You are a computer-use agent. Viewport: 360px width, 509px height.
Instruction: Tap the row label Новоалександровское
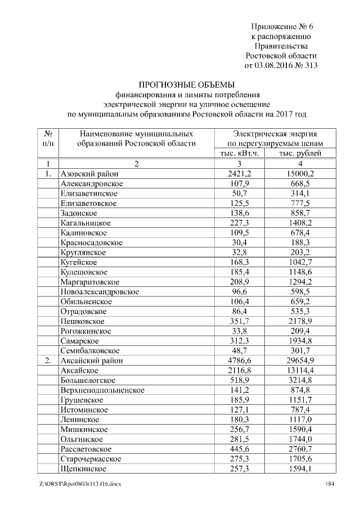pos(100,291)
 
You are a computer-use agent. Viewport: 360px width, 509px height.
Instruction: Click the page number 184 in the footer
pos(331,484)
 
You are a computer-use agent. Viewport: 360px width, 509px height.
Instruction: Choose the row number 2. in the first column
pos(48,361)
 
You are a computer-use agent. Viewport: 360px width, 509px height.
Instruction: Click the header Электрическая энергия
pos(274,134)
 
